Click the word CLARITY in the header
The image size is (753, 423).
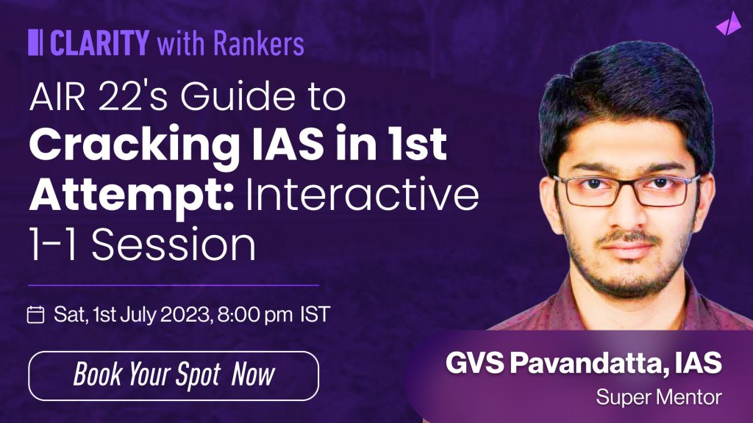(x=99, y=42)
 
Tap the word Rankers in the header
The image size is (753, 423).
(x=258, y=43)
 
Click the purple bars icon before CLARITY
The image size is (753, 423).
(x=35, y=42)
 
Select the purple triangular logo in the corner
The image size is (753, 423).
(x=728, y=23)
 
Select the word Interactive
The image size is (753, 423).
(x=363, y=194)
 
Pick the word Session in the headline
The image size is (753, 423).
(x=174, y=245)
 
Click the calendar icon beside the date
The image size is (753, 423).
(x=35, y=314)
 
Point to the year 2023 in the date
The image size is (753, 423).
(x=185, y=314)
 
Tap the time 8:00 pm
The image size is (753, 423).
(x=254, y=315)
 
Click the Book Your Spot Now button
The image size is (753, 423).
(x=174, y=375)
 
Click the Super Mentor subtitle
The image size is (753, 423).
(x=659, y=397)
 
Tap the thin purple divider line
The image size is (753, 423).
(x=174, y=285)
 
